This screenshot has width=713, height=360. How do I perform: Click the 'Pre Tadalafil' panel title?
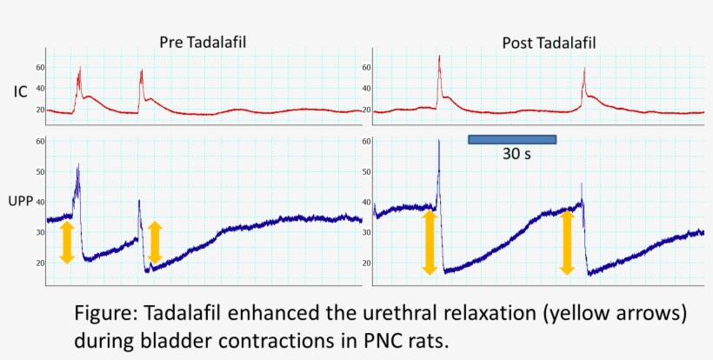[x=201, y=42]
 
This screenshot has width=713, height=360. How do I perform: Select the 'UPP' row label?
[x=22, y=201]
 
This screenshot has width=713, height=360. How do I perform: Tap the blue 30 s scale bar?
[x=512, y=139]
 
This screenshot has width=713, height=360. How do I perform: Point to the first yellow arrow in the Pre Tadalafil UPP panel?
[x=67, y=243]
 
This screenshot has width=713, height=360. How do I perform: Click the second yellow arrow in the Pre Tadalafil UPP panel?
[x=155, y=243]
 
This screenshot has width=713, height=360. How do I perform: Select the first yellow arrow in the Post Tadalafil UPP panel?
[x=429, y=243]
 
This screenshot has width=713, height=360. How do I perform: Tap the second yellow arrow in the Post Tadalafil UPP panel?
[x=567, y=243]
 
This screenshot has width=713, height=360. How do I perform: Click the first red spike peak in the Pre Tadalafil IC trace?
[x=79, y=68]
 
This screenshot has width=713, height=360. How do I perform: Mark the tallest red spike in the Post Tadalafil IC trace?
[x=439, y=57]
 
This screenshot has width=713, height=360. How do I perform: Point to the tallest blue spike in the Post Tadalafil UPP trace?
[x=439, y=141]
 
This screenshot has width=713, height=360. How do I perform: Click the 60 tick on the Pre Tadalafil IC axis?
[x=40, y=67]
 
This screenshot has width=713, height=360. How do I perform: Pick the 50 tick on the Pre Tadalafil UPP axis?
[x=40, y=171]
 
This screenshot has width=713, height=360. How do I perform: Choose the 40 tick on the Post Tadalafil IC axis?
[x=366, y=89]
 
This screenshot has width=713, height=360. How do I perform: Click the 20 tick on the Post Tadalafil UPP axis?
[x=366, y=263]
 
